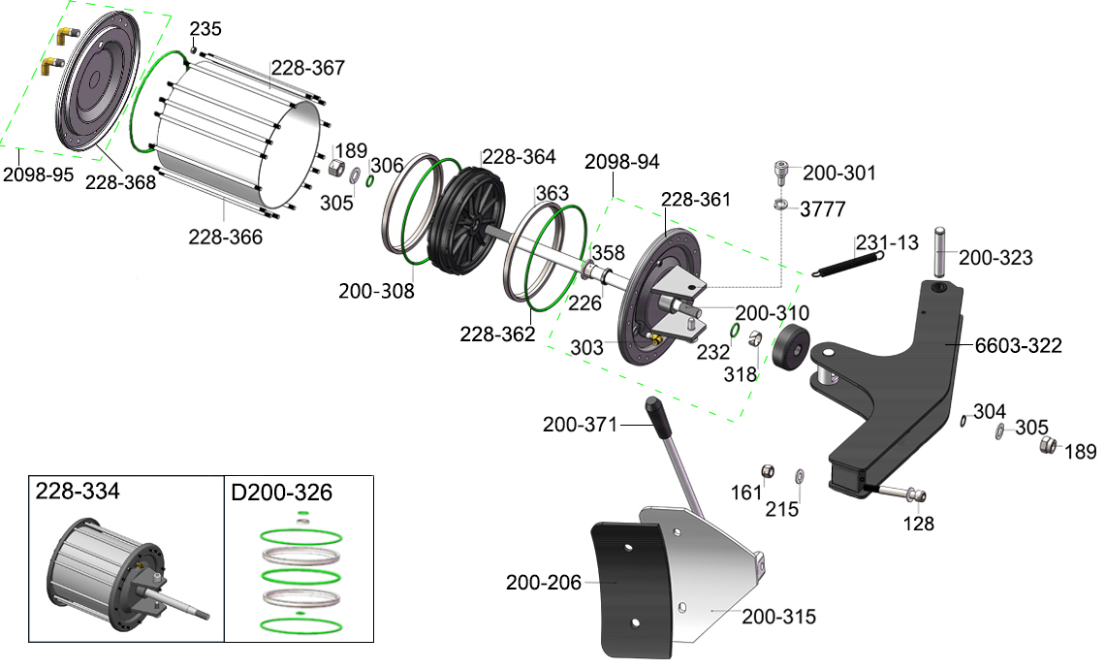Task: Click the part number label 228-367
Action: pos(308,68)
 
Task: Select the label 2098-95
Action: pos(38,175)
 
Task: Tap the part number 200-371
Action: pos(580,425)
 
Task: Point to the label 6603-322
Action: pos(1019,345)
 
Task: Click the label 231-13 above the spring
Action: pos(887,242)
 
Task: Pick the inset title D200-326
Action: pos(281,493)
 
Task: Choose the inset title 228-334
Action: pos(78,491)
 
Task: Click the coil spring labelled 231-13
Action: pos(848,264)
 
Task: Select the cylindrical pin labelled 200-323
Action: pos(941,252)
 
